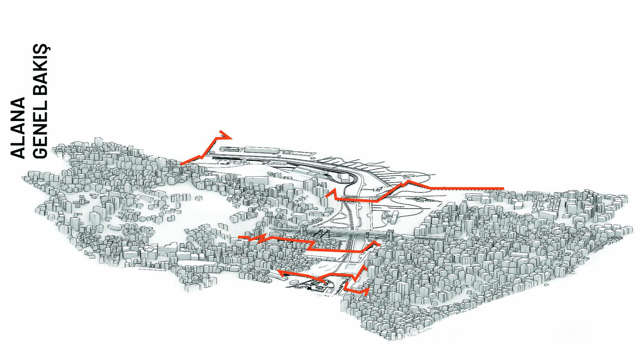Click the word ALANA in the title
point(18,128)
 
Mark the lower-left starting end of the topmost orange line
point(181,164)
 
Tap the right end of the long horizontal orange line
point(503,188)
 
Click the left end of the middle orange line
point(239,237)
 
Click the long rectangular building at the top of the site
point(262,150)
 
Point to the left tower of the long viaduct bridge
point(304,231)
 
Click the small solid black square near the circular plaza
point(309,289)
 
